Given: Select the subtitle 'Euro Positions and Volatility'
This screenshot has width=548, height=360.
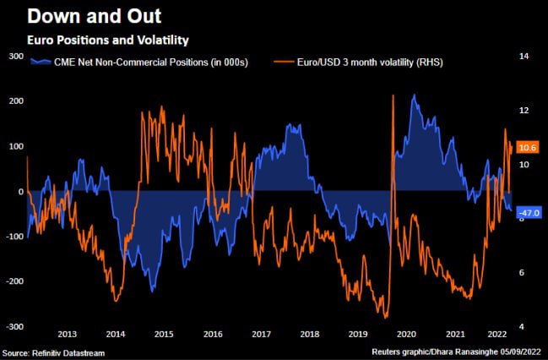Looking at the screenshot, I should coord(107,40).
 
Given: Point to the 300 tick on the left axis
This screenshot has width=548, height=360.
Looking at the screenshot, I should coord(15,56).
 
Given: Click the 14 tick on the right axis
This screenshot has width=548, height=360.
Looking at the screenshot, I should coord(524,56).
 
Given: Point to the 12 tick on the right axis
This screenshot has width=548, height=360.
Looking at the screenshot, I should coord(524,110).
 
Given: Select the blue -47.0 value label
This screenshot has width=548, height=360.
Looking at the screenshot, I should coord(529,213).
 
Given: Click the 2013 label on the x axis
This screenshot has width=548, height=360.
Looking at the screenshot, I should coord(68,334).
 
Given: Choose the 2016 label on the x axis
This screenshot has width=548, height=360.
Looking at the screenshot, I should coord(214,334).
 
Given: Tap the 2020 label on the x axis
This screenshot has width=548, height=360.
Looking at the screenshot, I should coord(408,334).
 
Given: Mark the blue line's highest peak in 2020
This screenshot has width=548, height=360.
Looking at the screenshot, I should coord(414,95).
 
